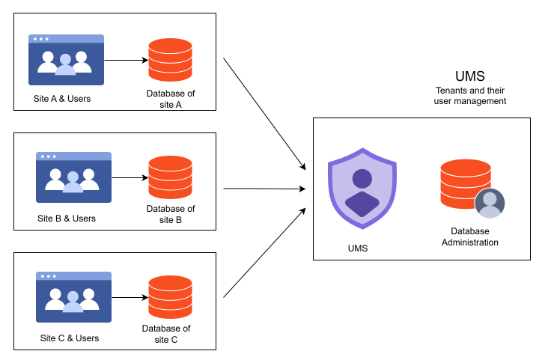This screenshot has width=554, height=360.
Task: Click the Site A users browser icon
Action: tap(66, 60)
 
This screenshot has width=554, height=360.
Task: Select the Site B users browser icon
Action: tap(73, 177)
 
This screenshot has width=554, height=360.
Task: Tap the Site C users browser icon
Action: tap(73, 296)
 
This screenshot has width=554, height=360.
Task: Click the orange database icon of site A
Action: tap(170, 61)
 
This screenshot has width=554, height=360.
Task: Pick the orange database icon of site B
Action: tap(170, 177)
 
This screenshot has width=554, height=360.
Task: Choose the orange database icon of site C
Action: tap(170, 297)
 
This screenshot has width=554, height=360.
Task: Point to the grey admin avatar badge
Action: tap(490, 203)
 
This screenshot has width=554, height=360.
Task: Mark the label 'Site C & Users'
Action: tap(69, 338)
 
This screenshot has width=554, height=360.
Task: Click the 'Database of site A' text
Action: tap(170, 99)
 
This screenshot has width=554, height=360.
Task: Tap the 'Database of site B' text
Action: tap(170, 214)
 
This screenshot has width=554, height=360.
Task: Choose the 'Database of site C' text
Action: tap(165, 334)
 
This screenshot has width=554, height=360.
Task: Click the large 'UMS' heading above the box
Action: tap(470, 76)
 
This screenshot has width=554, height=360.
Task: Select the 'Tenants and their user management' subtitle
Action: tap(470, 95)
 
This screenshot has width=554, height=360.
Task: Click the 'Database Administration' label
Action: tap(469, 237)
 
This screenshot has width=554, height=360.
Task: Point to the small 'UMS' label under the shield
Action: tap(359, 248)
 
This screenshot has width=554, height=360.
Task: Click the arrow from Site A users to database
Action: tap(125, 60)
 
